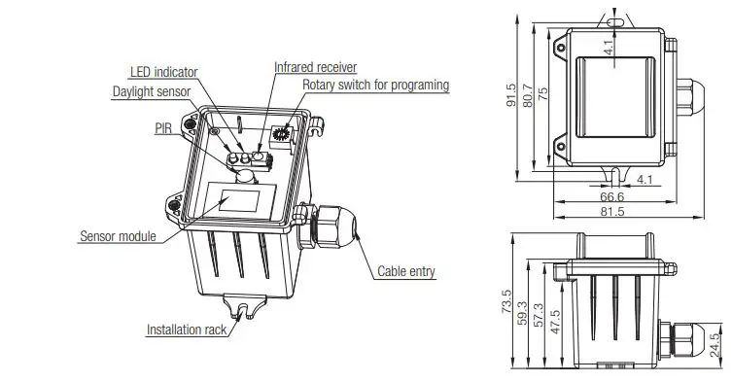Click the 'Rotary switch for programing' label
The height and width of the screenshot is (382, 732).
(x=375, y=86)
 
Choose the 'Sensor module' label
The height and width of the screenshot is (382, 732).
(x=117, y=236)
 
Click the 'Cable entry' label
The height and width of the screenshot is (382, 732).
(x=405, y=272)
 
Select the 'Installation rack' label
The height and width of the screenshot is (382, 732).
(x=187, y=330)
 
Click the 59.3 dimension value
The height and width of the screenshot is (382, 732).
(x=522, y=315)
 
